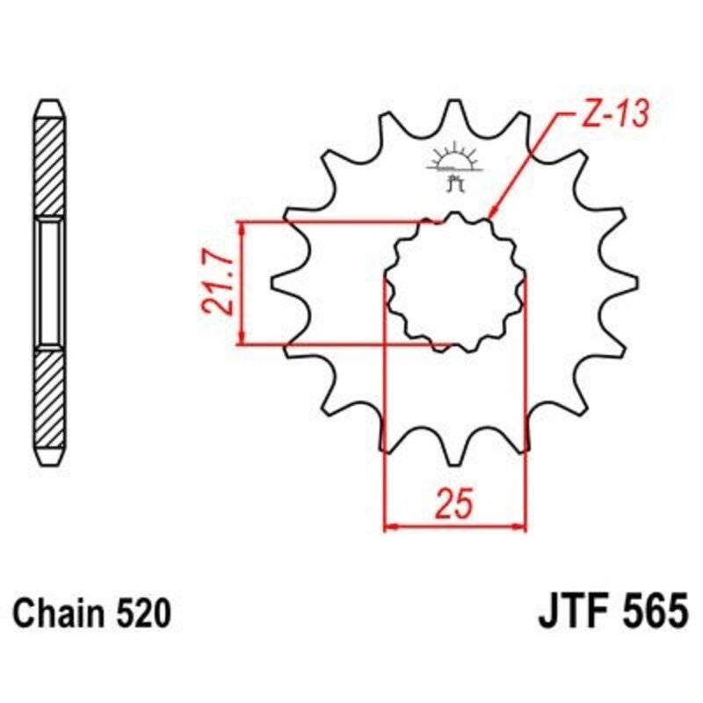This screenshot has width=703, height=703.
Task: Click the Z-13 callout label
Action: (x=613, y=114)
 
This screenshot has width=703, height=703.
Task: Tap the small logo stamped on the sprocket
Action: (x=453, y=166)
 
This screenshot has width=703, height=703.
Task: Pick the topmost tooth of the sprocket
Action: (x=455, y=110)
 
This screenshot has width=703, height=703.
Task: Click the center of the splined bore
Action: (x=455, y=282)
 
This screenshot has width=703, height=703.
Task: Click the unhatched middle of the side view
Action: (x=49, y=282)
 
